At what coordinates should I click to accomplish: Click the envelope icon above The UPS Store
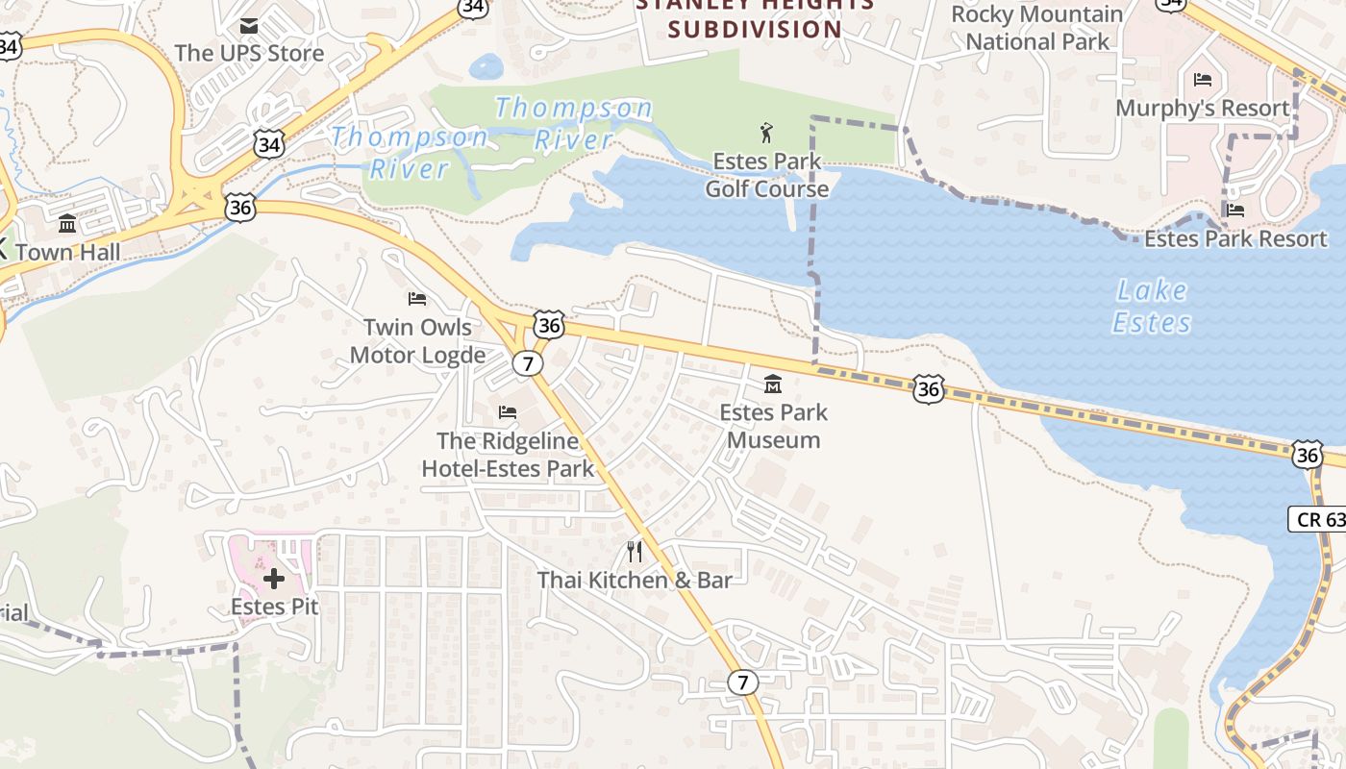click(x=249, y=25)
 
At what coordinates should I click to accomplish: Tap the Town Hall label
click(x=68, y=252)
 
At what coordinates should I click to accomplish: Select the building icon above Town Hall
click(x=67, y=224)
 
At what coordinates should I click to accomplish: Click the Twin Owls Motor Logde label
click(x=417, y=341)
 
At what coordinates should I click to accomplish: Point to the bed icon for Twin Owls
click(x=417, y=299)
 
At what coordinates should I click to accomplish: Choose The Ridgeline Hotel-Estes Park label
click(x=508, y=456)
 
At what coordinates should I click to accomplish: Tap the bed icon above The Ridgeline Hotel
click(x=508, y=412)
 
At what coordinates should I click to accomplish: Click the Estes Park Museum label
click(x=773, y=426)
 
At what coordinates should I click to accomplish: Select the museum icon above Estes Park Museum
click(x=772, y=384)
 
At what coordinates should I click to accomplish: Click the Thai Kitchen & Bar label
click(x=635, y=580)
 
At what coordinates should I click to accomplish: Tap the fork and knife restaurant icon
click(x=635, y=551)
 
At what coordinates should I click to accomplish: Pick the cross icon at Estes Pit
click(x=274, y=579)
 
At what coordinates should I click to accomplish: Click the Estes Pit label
click(x=274, y=607)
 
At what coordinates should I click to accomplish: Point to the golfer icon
click(x=766, y=133)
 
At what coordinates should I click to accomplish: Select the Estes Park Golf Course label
click(x=766, y=175)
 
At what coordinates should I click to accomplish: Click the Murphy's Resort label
click(x=1202, y=108)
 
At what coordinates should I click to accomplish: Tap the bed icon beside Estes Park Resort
click(x=1235, y=210)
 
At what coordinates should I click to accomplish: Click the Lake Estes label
click(x=1152, y=306)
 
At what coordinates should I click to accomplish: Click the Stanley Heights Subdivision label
click(x=755, y=17)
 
